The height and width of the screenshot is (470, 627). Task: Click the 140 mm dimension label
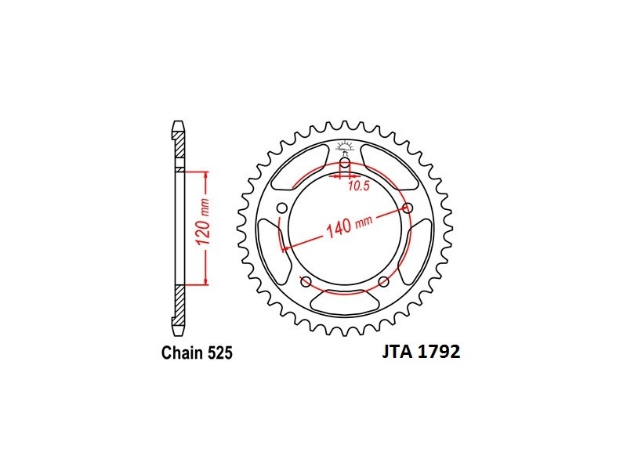(349, 226)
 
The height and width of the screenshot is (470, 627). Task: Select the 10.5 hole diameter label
(358, 186)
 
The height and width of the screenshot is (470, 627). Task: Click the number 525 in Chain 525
(220, 353)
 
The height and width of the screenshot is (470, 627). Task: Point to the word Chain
(183, 353)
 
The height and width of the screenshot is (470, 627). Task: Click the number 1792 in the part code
(439, 352)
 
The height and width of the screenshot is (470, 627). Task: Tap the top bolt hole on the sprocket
(345, 164)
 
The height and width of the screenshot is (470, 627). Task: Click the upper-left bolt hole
(282, 208)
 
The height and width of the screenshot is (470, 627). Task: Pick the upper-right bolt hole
(408, 208)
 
